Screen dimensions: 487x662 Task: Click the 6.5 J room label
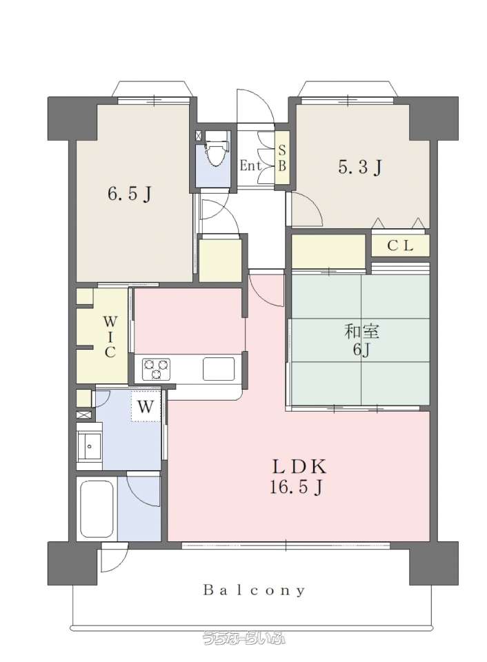pyautogui.click(x=129, y=194)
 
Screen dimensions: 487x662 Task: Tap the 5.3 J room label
pyautogui.click(x=360, y=168)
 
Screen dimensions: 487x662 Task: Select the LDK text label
pyautogui.click(x=299, y=467)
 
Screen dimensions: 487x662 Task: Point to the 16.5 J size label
pyautogui.click(x=297, y=488)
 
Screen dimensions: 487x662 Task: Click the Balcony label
pyautogui.click(x=254, y=590)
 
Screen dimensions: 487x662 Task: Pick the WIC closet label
pyautogui.click(x=110, y=337)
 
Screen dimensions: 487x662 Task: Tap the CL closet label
pyautogui.click(x=400, y=246)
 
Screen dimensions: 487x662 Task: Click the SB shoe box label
pyautogui.click(x=281, y=158)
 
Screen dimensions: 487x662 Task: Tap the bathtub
pyautogui.click(x=97, y=509)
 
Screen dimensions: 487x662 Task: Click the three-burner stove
pyautogui.click(x=157, y=368)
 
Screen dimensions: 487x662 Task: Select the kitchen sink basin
pyautogui.click(x=219, y=368)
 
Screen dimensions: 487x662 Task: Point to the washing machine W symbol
pyautogui.click(x=146, y=407)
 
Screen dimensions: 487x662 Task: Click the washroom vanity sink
pyautogui.click(x=89, y=446)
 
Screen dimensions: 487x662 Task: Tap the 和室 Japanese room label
pyautogui.click(x=361, y=332)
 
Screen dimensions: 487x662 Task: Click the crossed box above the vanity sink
pyautogui.click(x=83, y=414)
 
